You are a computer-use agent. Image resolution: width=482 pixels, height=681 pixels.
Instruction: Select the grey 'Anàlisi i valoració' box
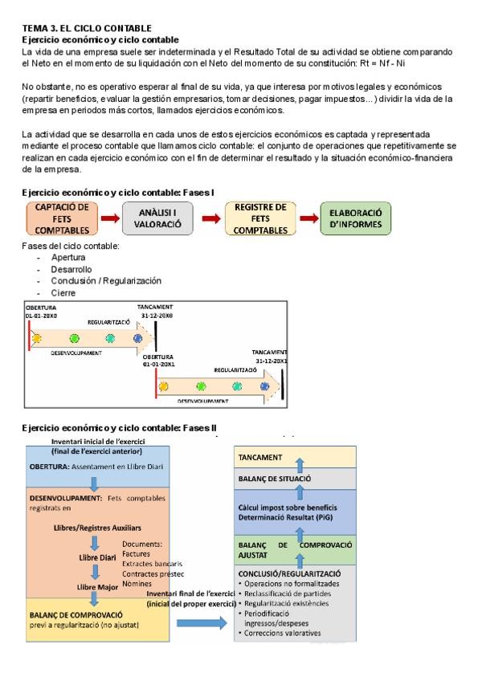point(157,218)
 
